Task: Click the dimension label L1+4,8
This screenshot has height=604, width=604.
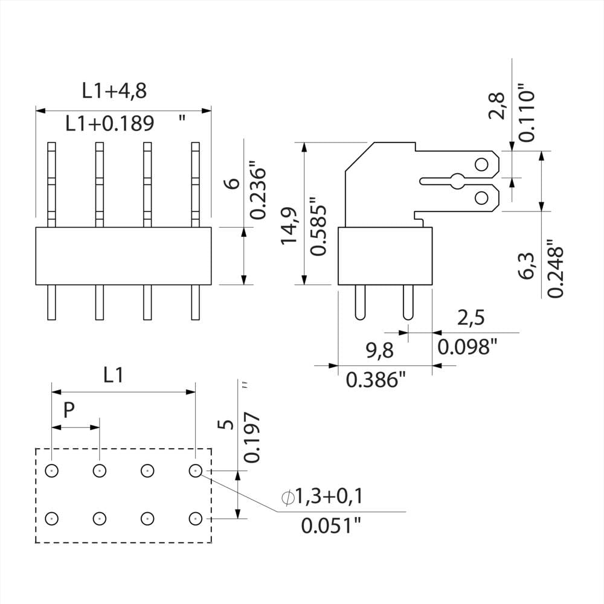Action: (x=114, y=91)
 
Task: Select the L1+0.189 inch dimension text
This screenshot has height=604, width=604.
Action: (x=110, y=124)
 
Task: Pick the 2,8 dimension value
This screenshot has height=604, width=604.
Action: (x=499, y=106)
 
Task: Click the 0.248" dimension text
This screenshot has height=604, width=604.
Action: (x=555, y=270)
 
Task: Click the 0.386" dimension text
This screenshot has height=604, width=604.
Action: (x=375, y=380)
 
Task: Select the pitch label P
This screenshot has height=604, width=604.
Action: (x=69, y=411)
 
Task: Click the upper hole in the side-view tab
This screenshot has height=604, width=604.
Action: (x=481, y=164)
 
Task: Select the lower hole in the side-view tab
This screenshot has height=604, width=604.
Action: (x=481, y=197)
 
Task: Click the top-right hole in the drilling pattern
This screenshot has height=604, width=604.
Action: (x=194, y=470)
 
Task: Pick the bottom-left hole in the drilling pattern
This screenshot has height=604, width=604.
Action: (x=52, y=518)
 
